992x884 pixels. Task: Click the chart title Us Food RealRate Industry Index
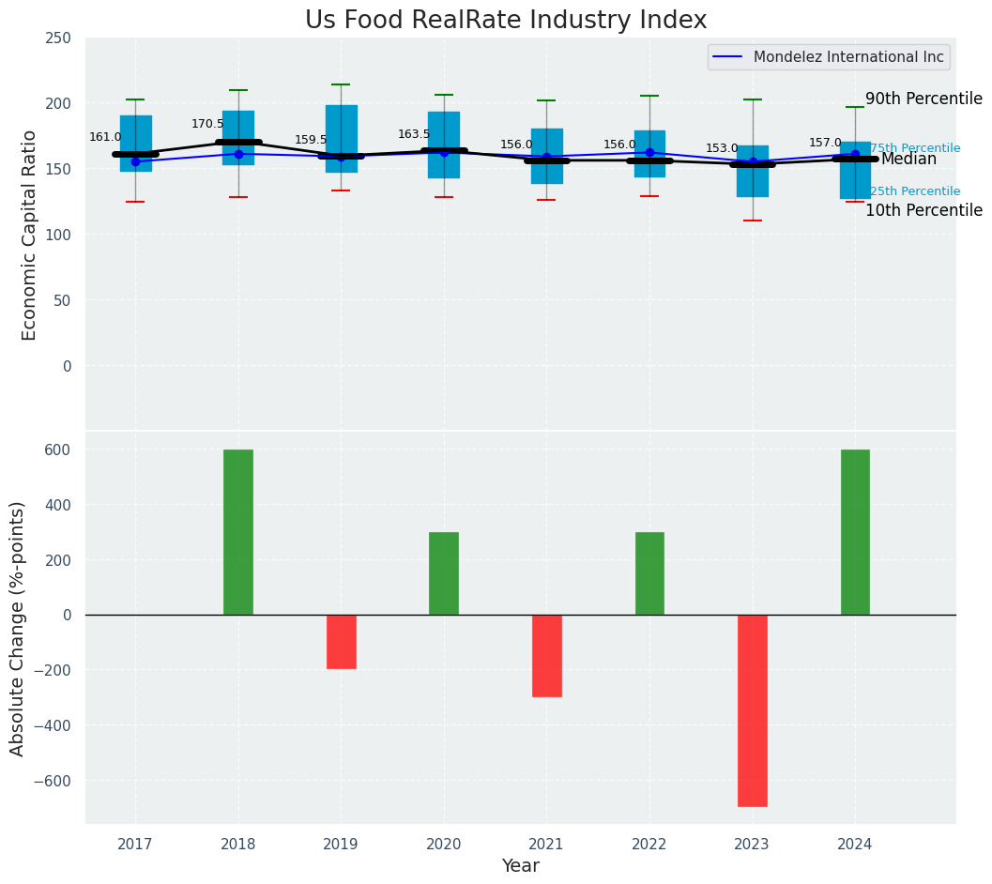(x=506, y=21)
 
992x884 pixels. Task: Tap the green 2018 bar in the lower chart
(x=238, y=532)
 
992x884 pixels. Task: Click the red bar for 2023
(x=753, y=710)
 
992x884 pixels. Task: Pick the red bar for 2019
(x=341, y=642)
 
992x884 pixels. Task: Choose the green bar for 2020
(x=444, y=573)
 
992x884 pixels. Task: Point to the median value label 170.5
(x=207, y=124)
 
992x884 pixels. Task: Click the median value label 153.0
(x=722, y=148)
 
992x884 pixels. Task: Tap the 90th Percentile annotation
(x=923, y=99)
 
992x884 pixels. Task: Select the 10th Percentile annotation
(x=923, y=210)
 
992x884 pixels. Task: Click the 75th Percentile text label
(x=915, y=148)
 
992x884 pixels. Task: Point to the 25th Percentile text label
(x=915, y=191)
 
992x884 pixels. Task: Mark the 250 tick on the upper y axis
(x=58, y=38)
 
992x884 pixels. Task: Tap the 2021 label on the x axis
(x=546, y=845)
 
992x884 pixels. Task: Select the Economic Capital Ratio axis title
(x=29, y=235)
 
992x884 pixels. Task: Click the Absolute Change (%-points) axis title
(x=18, y=628)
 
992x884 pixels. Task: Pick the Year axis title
(x=520, y=866)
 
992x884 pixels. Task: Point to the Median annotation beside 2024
(x=908, y=160)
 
